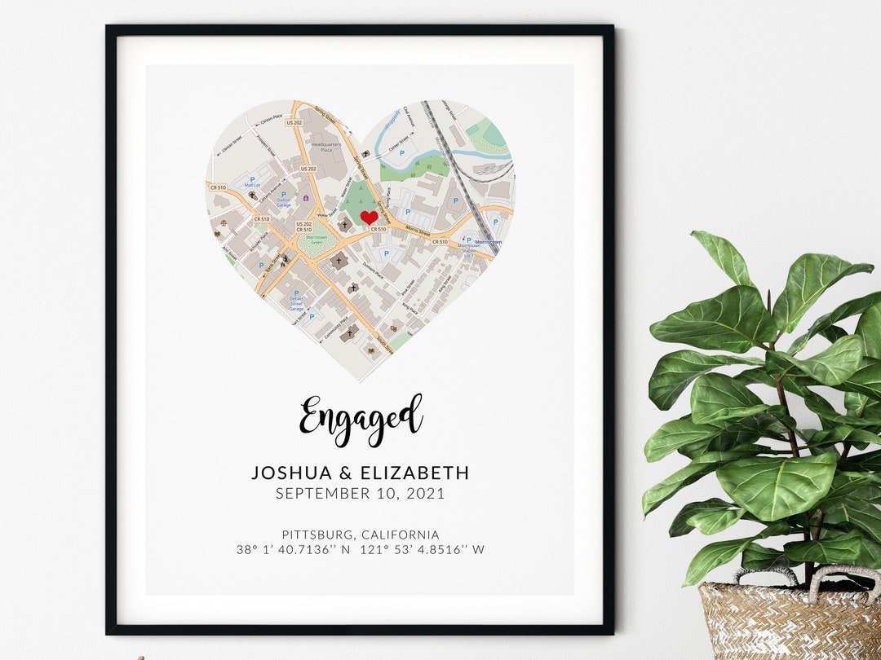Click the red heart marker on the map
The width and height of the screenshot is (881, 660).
click(369, 218)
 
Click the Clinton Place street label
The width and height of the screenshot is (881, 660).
click(271, 118)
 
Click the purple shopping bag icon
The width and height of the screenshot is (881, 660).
click(306, 197)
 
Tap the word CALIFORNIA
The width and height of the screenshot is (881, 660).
click(400, 535)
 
